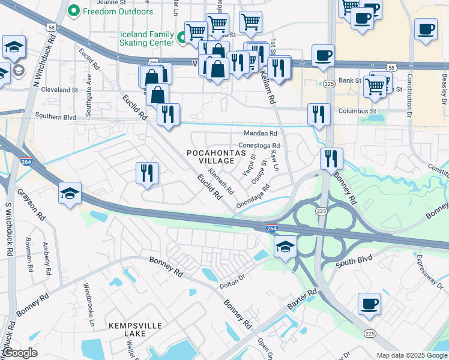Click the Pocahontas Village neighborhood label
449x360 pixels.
[x=217, y=157]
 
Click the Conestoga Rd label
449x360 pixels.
[x=259, y=146]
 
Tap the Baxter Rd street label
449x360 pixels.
[x=301, y=299]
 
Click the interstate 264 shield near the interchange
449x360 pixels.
[x=271, y=227]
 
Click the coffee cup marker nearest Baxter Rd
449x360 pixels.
[x=369, y=303]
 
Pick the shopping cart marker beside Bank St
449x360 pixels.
[x=375, y=85]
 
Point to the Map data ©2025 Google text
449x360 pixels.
[x=411, y=355]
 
